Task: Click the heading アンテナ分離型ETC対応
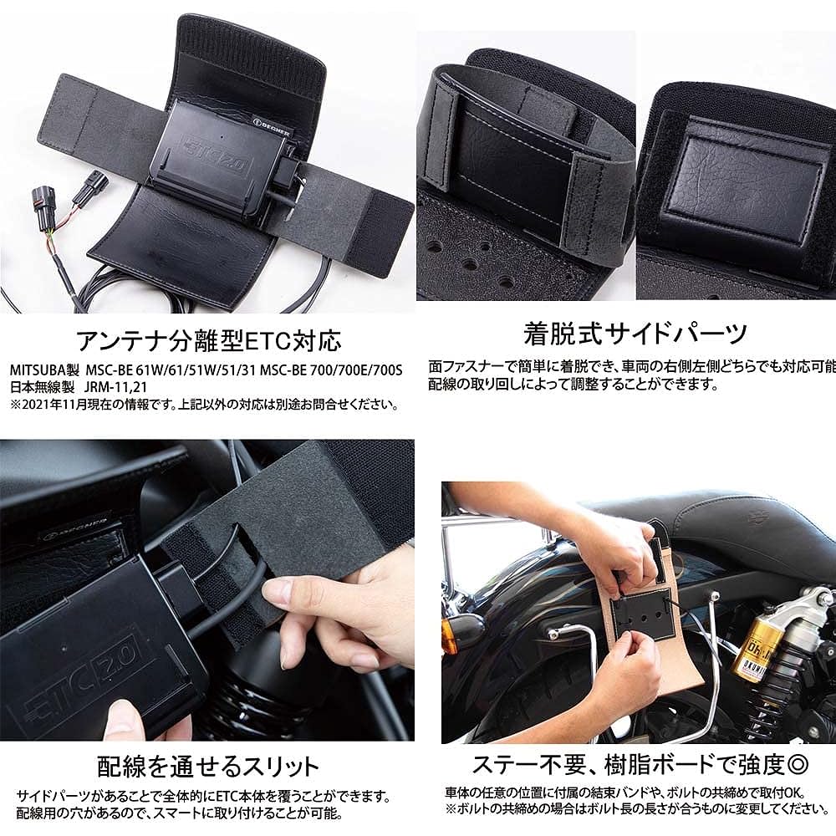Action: click(x=208, y=340)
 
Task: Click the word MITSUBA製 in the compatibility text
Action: click(x=43, y=370)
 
